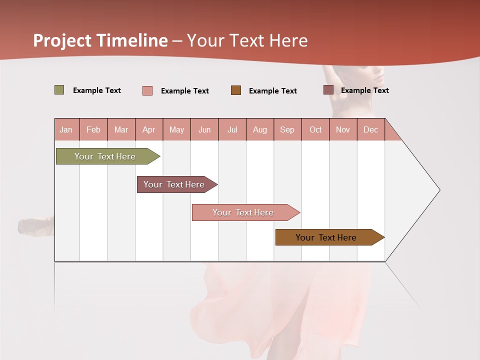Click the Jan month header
point(66,129)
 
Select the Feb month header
point(93,129)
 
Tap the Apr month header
point(149,129)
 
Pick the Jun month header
point(204,129)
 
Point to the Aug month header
point(260,129)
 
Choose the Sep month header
point(287,129)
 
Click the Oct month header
point(315,129)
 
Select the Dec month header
point(371,129)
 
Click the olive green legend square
point(59,90)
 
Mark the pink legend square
point(147,90)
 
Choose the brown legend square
point(236,90)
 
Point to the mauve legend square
point(328,90)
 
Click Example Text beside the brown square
point(273,91)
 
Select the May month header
point(176,129)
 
